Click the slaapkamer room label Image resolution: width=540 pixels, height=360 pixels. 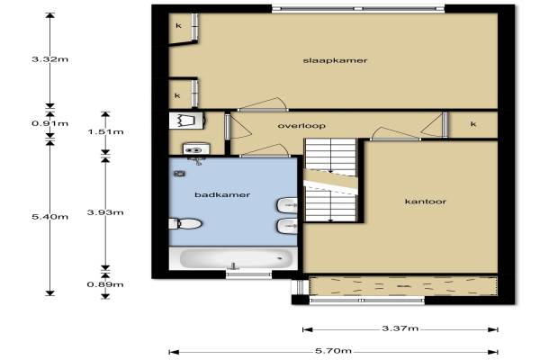coord(335,60)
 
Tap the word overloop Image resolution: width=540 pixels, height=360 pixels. coord(301,126)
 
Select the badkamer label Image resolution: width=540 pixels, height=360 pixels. coord(222,194)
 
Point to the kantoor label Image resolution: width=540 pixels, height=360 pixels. coord(426,202)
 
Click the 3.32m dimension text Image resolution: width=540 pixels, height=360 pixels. coord(49,59)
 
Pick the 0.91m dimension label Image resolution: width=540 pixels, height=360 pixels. coord(49,123)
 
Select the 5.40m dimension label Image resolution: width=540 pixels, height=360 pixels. coord(49,217)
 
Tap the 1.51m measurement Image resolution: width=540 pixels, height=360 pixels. coord(105,132)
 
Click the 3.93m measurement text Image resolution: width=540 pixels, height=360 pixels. coord(105,212)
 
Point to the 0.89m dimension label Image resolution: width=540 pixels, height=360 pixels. coord(105,284)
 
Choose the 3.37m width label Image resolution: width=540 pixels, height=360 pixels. coord(400,328)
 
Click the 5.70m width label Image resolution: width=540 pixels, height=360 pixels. coord(333,351)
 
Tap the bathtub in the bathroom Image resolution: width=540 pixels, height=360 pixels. coord(233,258)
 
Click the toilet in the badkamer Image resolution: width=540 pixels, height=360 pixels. coord(185,223)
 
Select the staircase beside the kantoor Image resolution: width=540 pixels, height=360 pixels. coord(330,180)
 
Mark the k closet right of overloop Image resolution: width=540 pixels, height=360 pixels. coord(473,124)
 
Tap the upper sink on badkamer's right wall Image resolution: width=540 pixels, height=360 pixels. coord(287,205)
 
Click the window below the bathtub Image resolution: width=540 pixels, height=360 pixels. coord(249,274)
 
